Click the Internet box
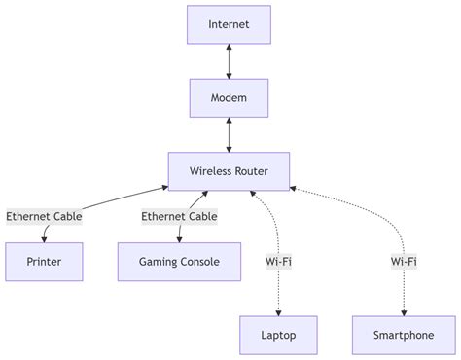pyautogui.click(x=229, y=24)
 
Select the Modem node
pyautogui.click(x=229, y=98)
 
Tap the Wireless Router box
pyautogui.click(x=229, y=172)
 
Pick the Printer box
pyautogui.click(x=44, y=262)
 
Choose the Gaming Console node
pyautogui.click(x=179, y=262)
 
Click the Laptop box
pyautogui.click(x=279, y=336)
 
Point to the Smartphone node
pyautogui.click(x=404, y=336)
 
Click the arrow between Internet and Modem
pyautogui.click(x=229, y=61)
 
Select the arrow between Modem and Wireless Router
pyautogui.click(x=229, y=135)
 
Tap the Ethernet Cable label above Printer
pyautogui.click(x=44, y=216)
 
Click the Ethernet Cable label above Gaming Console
pyautogui.click(x=179, y=216)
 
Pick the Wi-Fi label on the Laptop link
pyautogui.click(x=279, y=262)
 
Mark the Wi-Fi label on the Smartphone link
pyautogui.click(x=404, y=262)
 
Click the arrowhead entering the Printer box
pyautogui.click(x=44, y=238)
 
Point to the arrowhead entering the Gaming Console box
pyautogui.click(x=179, y=238)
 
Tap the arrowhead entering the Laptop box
pyautogui.click(x=279, y=312)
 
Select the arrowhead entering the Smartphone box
pyautogui.click(x=404, y=312)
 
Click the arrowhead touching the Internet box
pyautogui.click(x=229, y=49)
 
